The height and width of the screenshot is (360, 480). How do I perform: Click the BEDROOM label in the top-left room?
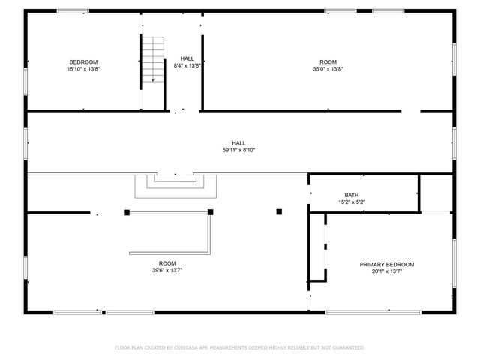(x=83, y=61)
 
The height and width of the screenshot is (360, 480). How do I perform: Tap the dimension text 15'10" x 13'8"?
(x=83, y=68)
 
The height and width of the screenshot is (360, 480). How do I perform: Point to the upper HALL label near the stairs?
(x=187, y=58)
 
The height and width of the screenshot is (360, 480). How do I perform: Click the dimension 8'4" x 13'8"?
(x=187, y=65)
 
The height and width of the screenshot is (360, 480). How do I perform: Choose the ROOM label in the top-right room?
(x=328, y=61)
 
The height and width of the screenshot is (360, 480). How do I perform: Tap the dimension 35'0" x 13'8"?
(x=328, y=68)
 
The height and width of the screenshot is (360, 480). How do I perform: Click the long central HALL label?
(x=238, y=143)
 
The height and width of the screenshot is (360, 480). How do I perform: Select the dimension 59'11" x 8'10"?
(x=238, y=150)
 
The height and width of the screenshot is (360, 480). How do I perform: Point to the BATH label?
(x=352, y=195)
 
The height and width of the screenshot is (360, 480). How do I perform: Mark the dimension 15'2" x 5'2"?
(x=352, y=202)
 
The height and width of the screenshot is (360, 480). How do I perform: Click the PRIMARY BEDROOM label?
(x=387, y=264)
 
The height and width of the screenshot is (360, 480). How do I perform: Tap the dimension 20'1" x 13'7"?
(x=387, y=271)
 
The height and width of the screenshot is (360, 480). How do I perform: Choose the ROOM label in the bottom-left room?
(x=166, y=262)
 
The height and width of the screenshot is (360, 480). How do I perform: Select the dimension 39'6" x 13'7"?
(x=166, y=269)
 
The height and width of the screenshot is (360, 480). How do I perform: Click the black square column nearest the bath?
(x=279, y=212)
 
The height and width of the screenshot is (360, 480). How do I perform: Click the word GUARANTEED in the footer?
(x=347, y=347)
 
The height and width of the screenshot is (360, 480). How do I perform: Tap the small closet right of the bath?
(x=436, y=193)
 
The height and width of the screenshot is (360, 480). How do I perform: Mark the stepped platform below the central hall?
(x=175, y=184)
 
